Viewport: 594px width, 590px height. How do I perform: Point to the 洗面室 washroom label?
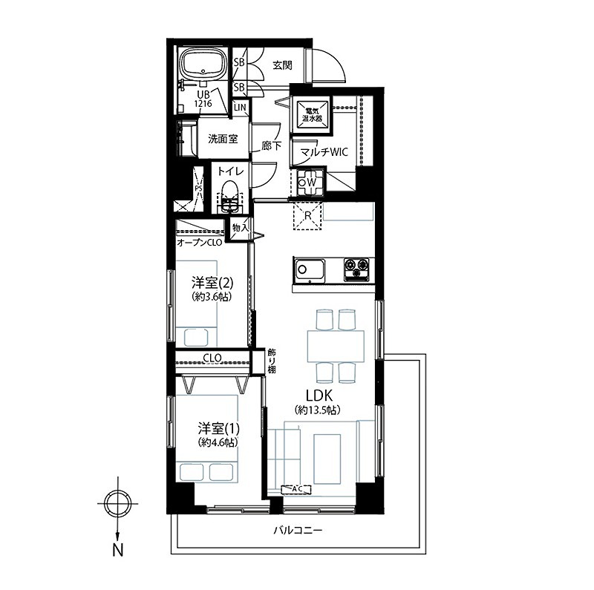[222, 139]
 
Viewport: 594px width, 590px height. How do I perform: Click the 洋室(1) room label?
[218, 428]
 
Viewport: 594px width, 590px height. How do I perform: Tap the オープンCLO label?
[199, 243]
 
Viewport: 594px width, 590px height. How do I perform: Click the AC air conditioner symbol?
[297, 490]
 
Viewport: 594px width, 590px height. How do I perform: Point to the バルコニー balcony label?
[298, 531]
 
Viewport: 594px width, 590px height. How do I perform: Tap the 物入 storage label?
[240, 227]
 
